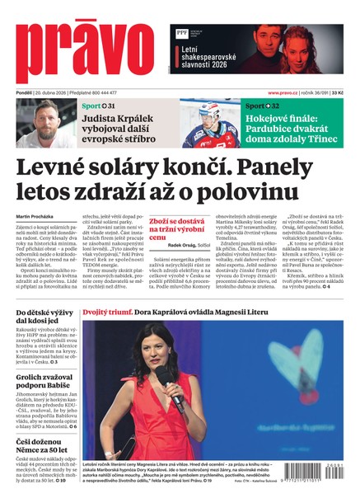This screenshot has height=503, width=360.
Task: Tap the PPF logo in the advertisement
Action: click(181, 32)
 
